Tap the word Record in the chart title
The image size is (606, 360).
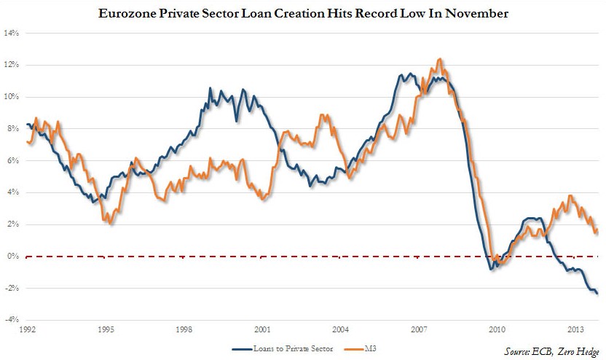357,13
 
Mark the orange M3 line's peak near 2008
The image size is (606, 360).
439,59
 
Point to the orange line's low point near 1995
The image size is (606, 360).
111,224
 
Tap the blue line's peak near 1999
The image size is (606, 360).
210,88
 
